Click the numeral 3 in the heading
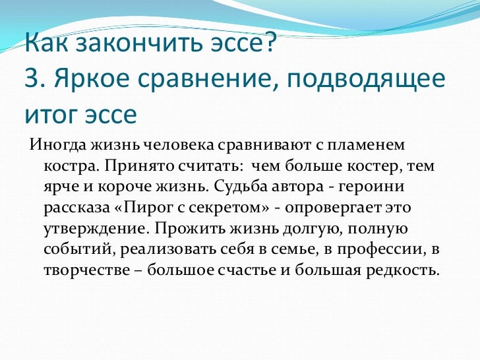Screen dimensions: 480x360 pyautogui.click(x=32, y=78)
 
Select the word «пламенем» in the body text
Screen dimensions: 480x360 pyautogui.click(x=366, y=146)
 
